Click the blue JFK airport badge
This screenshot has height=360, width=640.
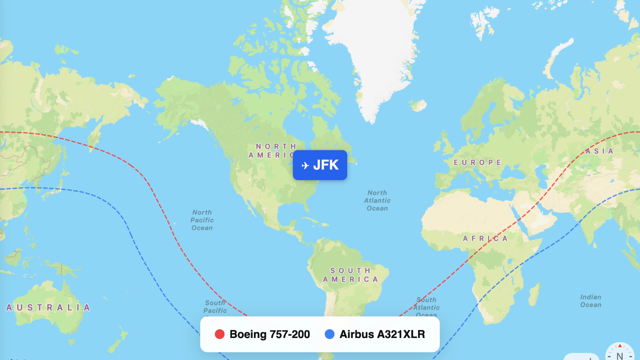coord(320,165)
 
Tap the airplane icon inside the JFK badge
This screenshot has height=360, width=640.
coord(305,165)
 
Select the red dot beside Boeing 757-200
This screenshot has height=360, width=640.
coord(220,334)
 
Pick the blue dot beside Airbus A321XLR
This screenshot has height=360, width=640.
coord(330,334)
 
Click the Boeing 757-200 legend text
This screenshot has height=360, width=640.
coord(270,334)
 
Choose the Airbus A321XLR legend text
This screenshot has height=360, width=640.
coord(382,334)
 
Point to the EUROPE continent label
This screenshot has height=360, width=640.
coord(477,162)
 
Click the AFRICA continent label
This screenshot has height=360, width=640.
coord(485,238)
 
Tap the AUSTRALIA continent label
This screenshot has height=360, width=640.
coord(48,307)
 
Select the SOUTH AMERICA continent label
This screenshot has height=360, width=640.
coord(351,275)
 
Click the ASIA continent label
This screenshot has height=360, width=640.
coord(599,151)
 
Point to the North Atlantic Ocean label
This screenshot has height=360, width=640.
coord(377,200)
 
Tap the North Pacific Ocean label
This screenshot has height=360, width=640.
coord(202,220)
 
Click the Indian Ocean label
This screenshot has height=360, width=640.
coord(591,301)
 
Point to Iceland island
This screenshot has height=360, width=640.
coord(418,106)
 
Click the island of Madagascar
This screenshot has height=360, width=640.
coord(534,294)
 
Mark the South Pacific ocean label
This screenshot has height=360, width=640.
coord(215,306)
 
